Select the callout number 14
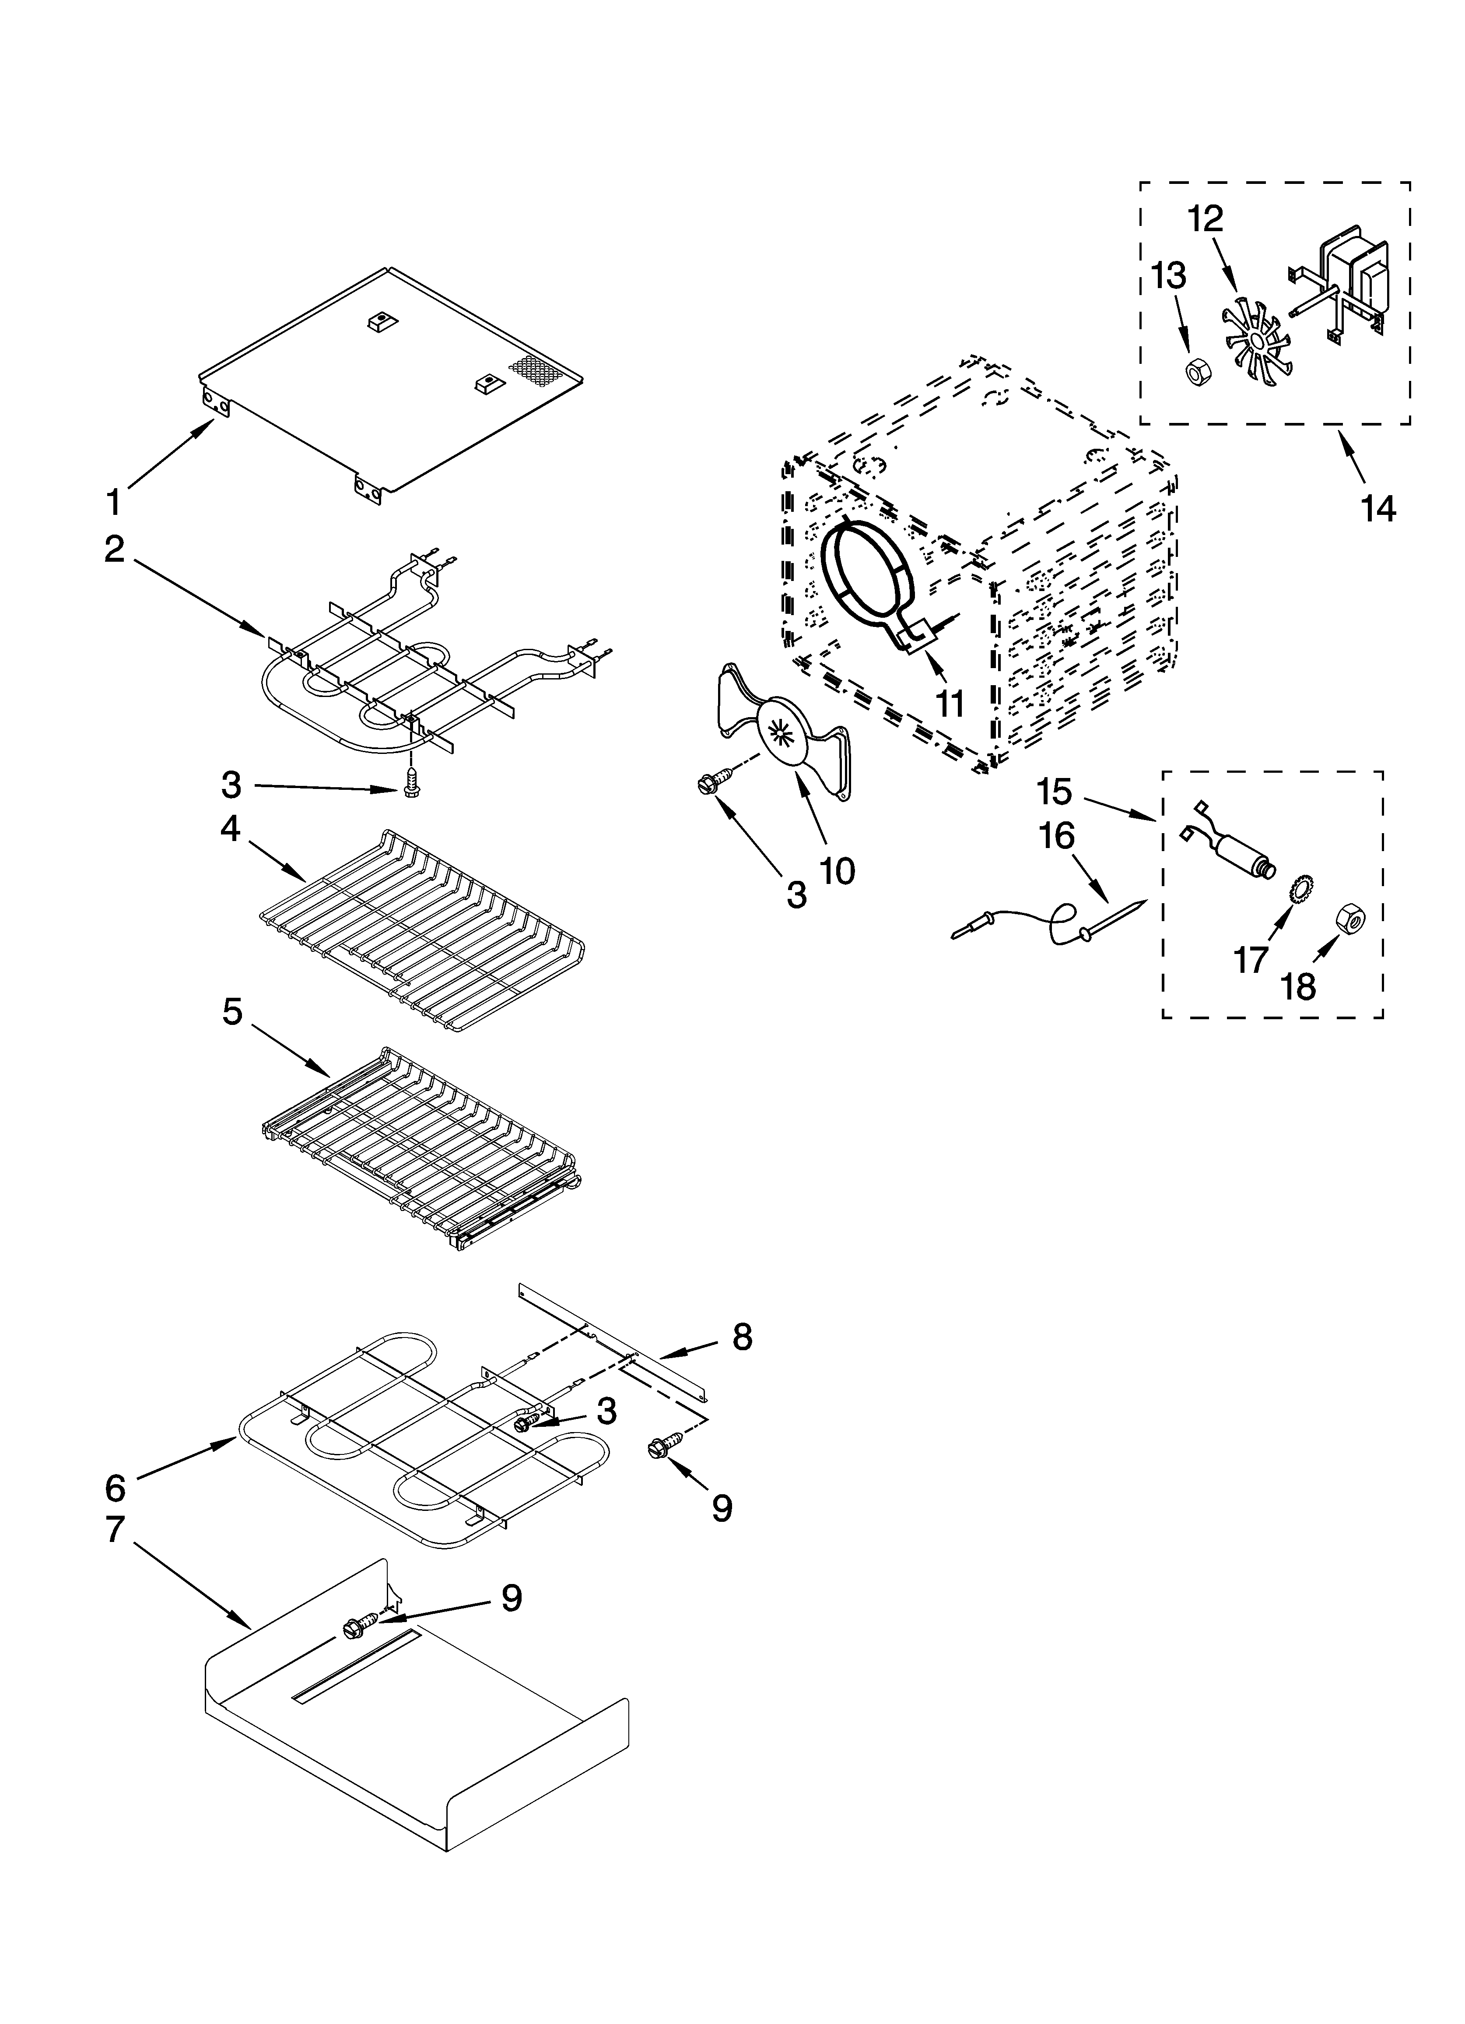(x=1377, y=509)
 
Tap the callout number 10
(x=837, y=870)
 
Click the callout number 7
(x=114, y=1529)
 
